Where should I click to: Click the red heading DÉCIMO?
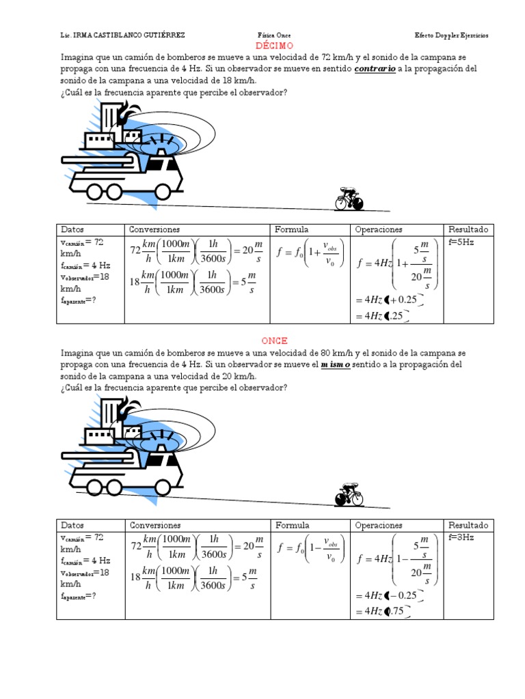273,46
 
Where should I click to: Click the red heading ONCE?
274,341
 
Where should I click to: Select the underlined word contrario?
375,70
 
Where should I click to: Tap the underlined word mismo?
336,365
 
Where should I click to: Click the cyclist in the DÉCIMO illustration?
349,199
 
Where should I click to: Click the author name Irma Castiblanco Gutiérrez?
123,35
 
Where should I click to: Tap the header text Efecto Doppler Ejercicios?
452,35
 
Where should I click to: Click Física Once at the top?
274,35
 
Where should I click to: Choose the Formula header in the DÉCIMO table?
292,230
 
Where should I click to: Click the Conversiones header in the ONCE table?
154,526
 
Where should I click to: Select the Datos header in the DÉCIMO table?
72,230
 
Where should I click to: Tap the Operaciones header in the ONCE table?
379,526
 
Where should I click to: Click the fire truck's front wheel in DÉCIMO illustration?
162,191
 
